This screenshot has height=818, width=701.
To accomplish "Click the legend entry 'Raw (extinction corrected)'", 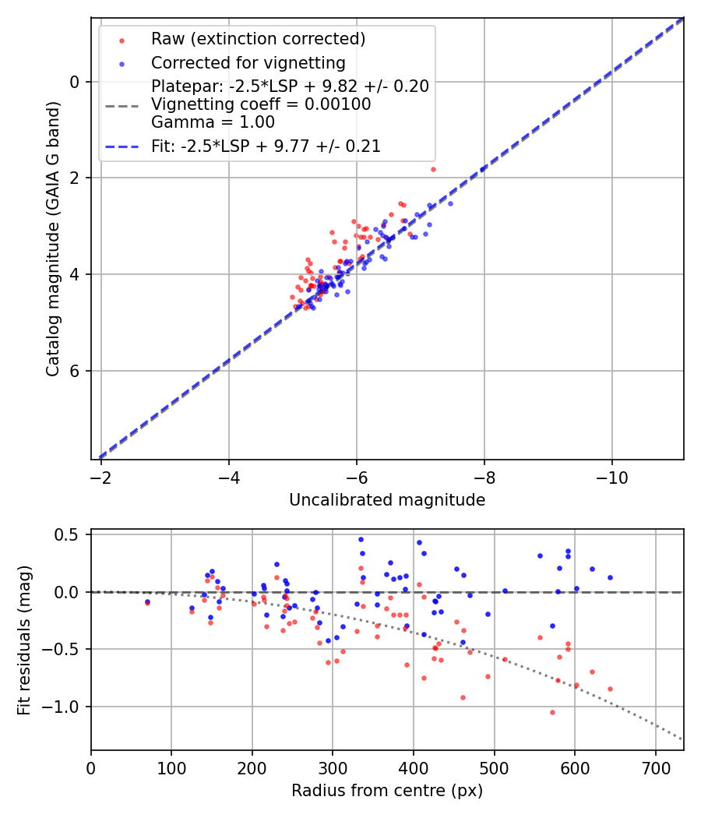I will pos(258,39).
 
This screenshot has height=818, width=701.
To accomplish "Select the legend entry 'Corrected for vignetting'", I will pos(248,62).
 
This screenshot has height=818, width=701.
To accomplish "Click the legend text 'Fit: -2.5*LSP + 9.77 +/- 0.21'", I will pos(266,146).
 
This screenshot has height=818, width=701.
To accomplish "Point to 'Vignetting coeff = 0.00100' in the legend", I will pos(261,104).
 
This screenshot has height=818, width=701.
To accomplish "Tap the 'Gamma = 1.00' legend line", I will pos(213,122).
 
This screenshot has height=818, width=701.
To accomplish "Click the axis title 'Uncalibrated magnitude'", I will pos(387,500).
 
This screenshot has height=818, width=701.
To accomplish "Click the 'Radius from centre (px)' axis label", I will pos(387,791).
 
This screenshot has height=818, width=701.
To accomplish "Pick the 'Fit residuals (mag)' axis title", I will pos(24,639).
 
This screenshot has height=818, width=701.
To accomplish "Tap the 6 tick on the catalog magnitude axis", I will pos(75,371).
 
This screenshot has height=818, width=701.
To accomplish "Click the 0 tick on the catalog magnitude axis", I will pos(75,82).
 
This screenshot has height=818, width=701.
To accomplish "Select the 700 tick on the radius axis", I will pos(655,765).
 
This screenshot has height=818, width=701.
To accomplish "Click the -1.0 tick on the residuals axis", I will pos(65,707).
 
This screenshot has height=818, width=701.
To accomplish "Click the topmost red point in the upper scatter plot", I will pos(433,169).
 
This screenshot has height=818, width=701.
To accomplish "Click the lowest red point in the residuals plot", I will pos(552,712).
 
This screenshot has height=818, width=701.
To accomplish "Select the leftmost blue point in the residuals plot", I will pos(147,601).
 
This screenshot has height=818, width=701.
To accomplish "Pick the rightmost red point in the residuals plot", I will pos(610,689).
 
